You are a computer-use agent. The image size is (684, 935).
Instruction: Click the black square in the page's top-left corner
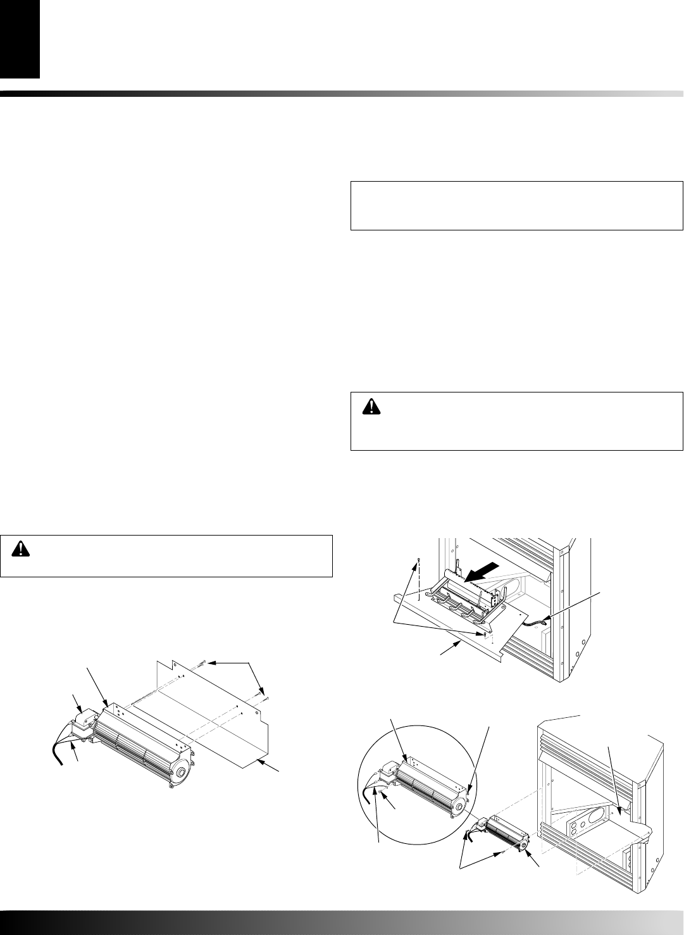pos(20,39)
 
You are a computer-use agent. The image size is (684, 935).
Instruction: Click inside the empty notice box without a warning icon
pos(516,206)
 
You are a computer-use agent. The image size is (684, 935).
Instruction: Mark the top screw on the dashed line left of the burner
pos(418,560)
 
